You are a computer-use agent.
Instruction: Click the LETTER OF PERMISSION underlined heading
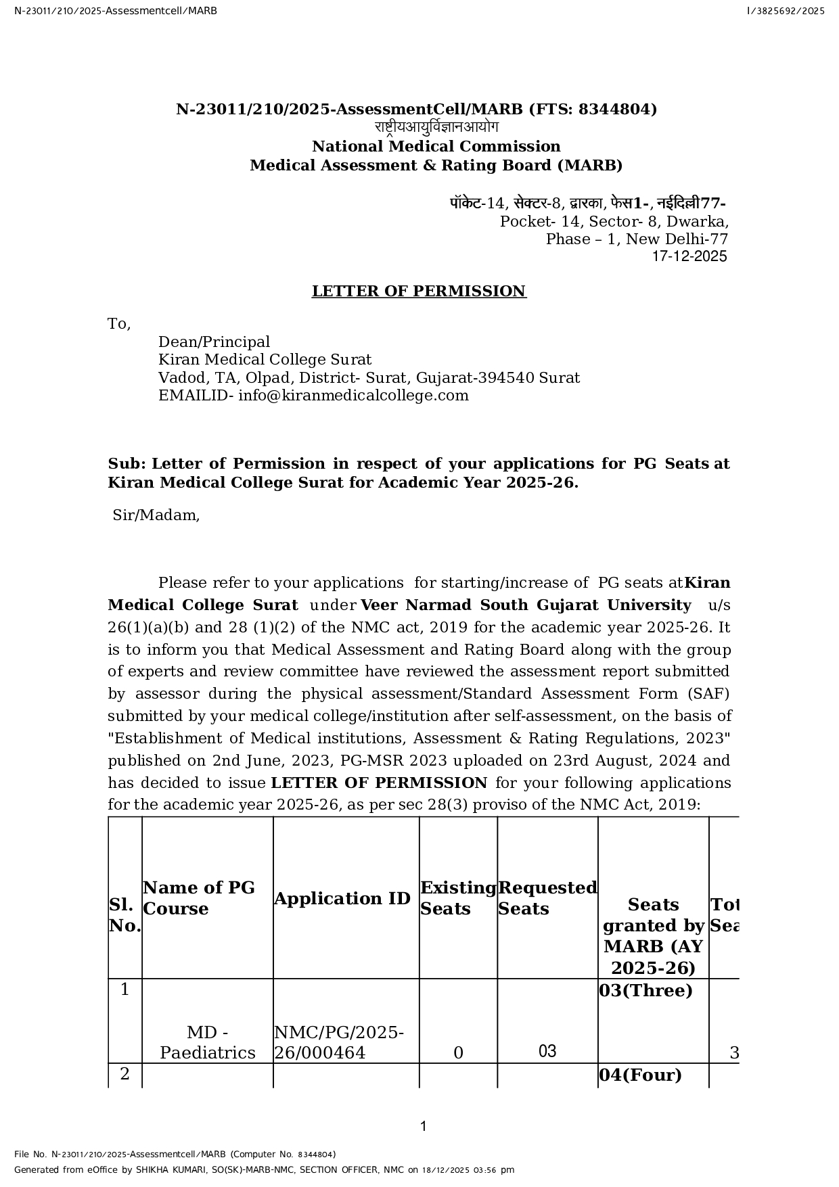click(418, 292)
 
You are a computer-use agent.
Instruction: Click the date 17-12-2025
click(689, 256)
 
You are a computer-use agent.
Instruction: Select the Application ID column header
click(342, 898)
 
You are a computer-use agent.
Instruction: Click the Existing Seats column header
click(458, 898)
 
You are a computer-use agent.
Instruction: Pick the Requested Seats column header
click(547, 898)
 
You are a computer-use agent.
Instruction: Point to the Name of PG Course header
click(199, 898)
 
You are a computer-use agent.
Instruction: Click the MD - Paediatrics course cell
click(207, 1042)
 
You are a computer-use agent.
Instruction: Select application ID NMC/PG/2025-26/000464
click(338, 1042)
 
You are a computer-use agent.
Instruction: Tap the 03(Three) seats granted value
click(645, 991)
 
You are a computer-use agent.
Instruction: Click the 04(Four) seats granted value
click(640, 1075)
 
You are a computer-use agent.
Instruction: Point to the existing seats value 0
click(458, 1053)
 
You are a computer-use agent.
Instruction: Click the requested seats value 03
click(547, 1051)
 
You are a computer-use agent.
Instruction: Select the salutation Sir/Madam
click(156, 515)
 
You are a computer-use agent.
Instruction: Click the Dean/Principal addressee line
click(214, 342)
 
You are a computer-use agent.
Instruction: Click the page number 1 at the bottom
click(424, 1126)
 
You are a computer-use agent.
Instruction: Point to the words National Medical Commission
click(436, 147)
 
